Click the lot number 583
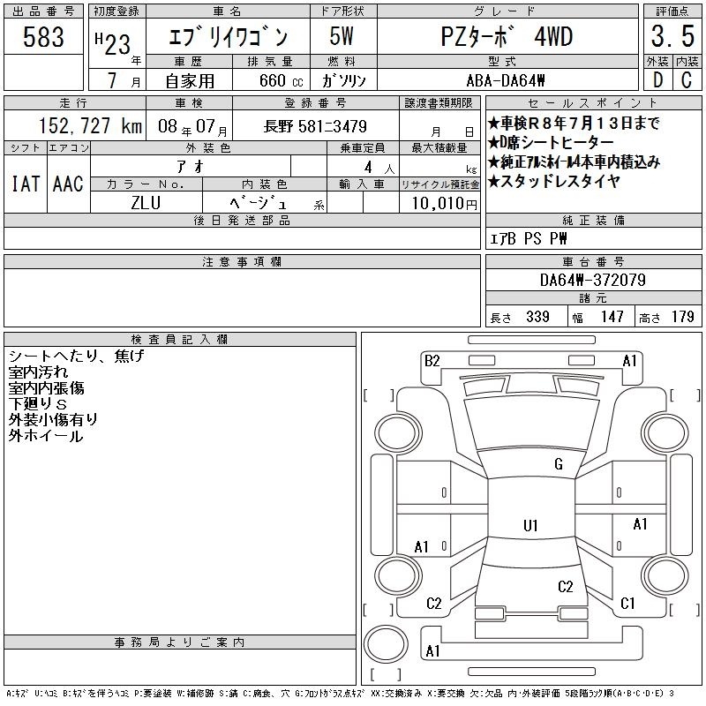tap(43, 37)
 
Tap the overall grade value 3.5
tap(672, 36)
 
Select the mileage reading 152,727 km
tap(91, 125)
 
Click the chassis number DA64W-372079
tap(593, 280)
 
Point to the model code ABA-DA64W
tap(506, 80)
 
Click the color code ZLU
tap(146, 203)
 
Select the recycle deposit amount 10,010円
tap(444, 204)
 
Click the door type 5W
tap(342, 36)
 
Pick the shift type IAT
tap(26, 184)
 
